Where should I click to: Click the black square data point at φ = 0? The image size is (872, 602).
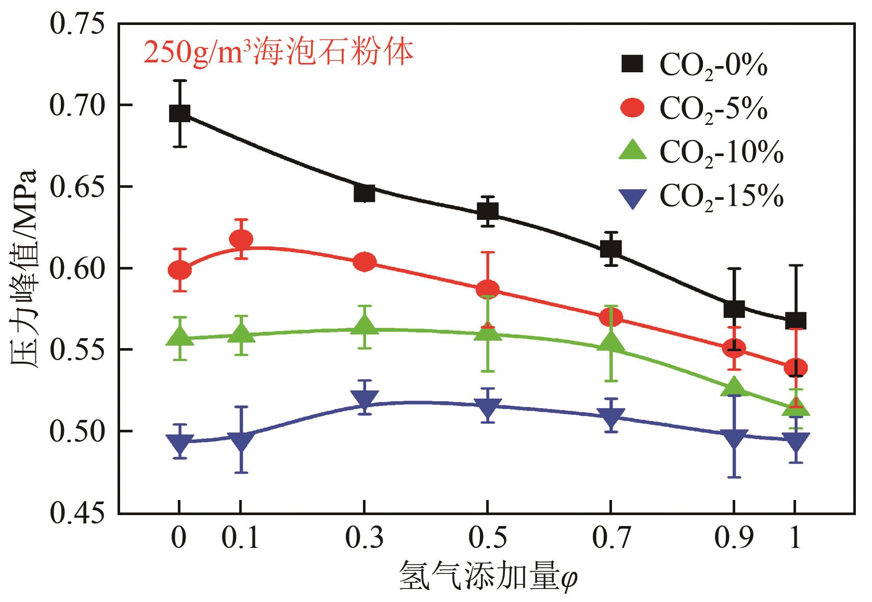click(x=179, y=113)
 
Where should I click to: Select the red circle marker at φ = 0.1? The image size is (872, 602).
click(x=241, y=239)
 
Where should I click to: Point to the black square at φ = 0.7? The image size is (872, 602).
click(x=610, y=249)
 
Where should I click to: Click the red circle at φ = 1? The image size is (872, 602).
click(x=796, y=367)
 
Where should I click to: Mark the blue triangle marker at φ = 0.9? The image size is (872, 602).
click(x=734, y=438)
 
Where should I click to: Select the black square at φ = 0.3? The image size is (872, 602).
click(x=365, y=193)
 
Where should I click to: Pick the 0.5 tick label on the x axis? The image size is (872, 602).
click(x=487, y=539)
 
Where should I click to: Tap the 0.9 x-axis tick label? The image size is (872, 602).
click(x=734, y=539)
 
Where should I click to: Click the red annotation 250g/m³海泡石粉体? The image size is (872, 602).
click(x=279, y=53)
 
